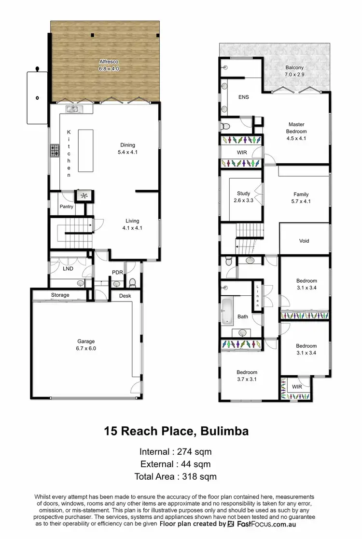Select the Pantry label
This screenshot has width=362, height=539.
66,207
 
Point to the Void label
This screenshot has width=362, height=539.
304,241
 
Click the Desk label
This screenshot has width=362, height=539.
125,296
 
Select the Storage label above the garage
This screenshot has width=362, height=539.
60,295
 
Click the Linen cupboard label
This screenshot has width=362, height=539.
258,296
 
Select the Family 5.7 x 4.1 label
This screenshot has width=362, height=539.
301,197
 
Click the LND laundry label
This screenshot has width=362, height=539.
68,269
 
